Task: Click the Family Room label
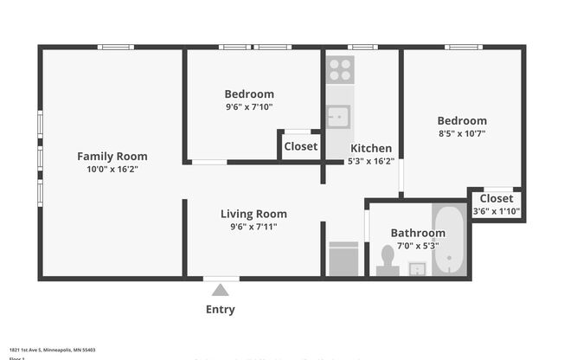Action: (112, 157)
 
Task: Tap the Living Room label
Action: (253, 214)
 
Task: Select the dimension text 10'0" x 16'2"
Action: (112, 170)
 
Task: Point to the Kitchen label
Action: (370, 148)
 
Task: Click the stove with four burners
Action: (340, 69)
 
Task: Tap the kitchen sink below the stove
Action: (338, 116)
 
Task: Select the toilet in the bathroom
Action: (388, 260)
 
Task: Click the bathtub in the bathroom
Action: (450, 240)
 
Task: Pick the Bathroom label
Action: (418, 233)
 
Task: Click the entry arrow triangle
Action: (221, 291)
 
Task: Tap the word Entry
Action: (220, 309)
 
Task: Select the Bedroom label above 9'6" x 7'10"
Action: (249, 94)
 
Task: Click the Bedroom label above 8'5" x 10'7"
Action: (461, 121)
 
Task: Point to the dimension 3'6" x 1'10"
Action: (496, 212)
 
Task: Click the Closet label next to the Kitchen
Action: (300, 146)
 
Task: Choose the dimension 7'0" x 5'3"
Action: (418, 246)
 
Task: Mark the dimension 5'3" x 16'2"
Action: (370, 161)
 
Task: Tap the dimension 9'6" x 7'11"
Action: (253, 227)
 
